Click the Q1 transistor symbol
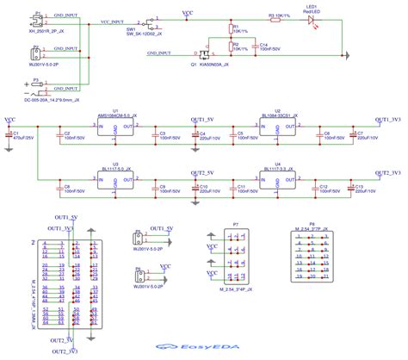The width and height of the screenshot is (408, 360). click(x=206, y=57)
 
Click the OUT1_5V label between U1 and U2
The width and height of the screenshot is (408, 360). click(x=207, y=119)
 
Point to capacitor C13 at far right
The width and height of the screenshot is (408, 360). click(x=351, y=188)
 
